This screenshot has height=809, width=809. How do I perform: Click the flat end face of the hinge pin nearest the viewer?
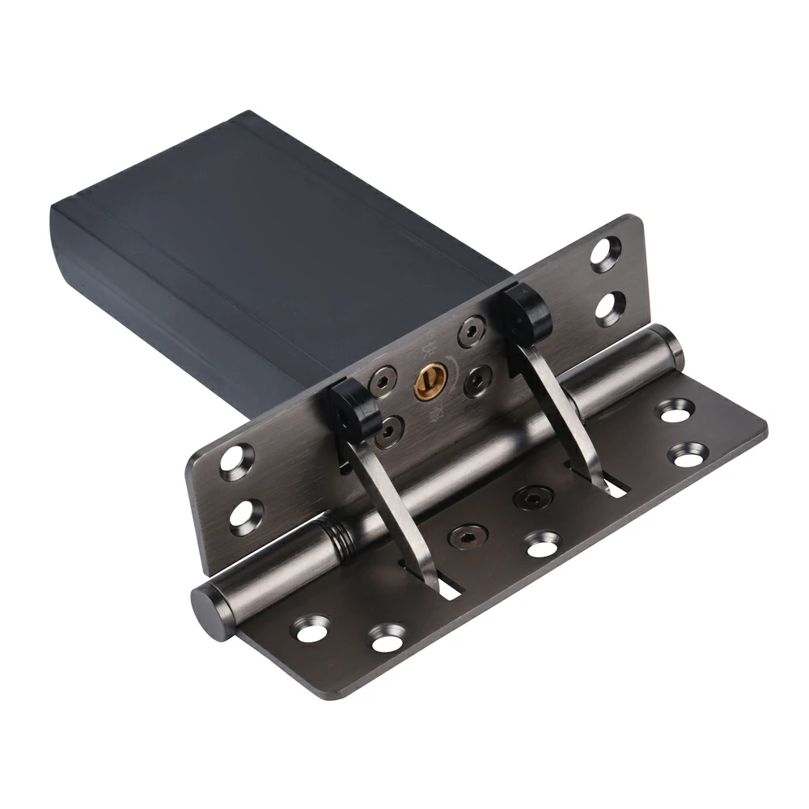(x=205, y=603)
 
